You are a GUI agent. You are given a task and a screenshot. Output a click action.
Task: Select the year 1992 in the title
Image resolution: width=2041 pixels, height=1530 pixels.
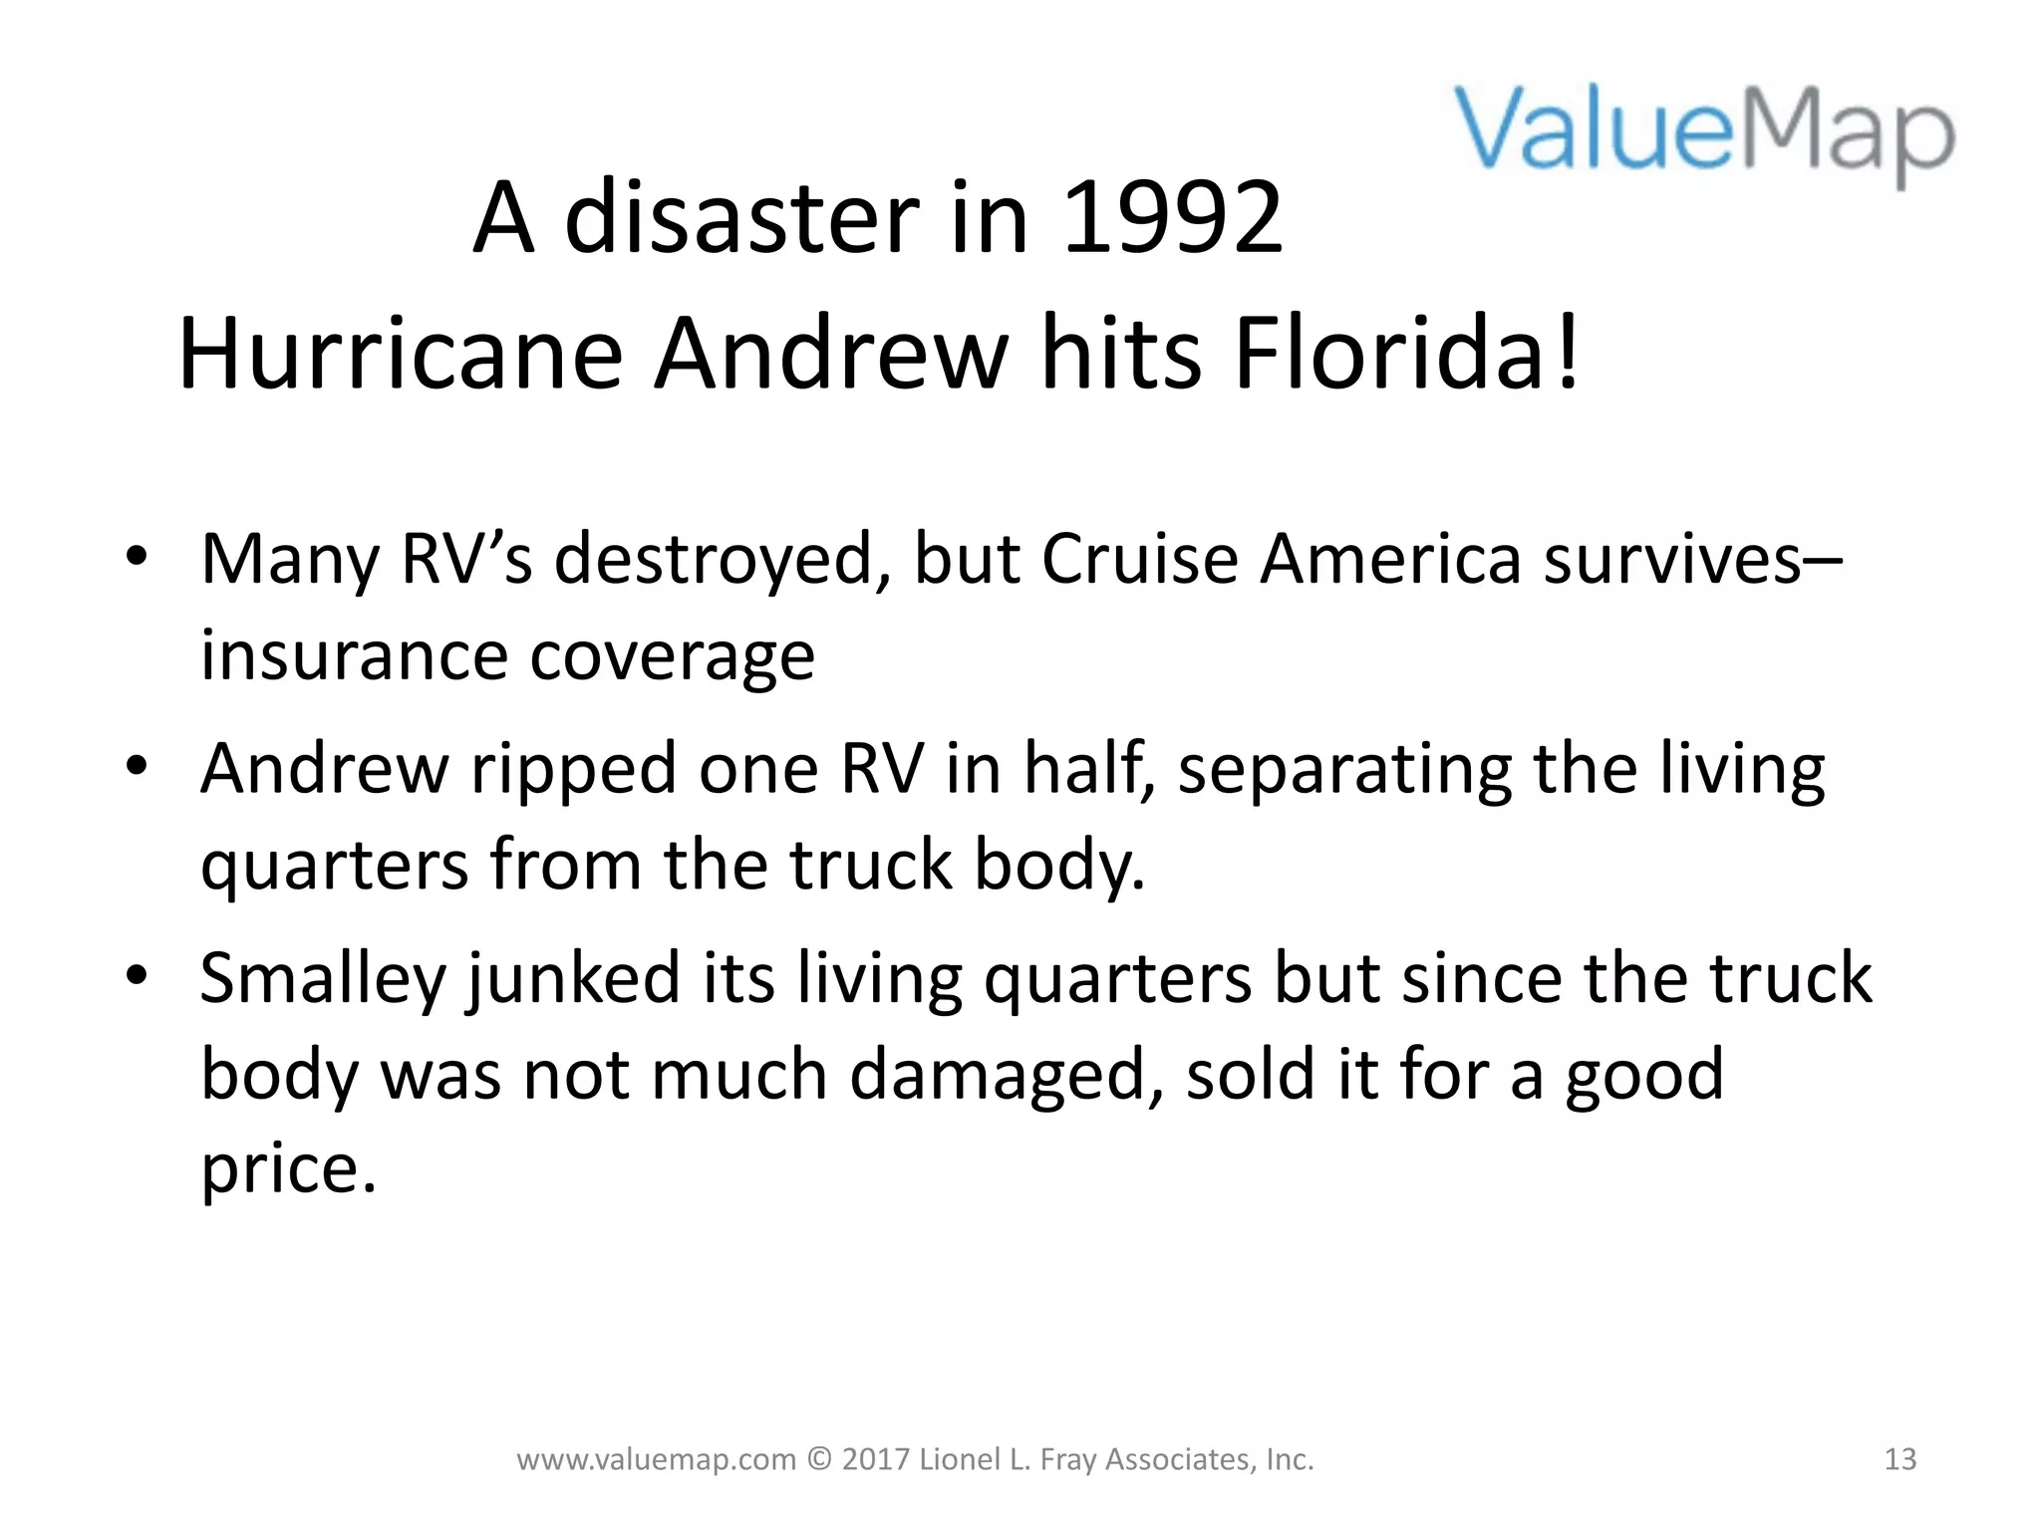click(x=1173, y=218)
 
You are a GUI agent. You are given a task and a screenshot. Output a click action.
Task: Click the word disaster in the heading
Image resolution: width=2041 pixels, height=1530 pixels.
click(x=741, y=218)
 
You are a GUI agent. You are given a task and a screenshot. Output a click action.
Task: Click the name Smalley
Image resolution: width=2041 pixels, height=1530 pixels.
click(x=322, y=979)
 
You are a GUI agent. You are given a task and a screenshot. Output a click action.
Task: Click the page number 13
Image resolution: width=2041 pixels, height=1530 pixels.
click(x=1899, y=1459)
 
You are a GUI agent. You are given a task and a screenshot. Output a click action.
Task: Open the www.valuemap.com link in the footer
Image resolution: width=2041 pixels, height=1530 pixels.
click(x=656, y=1460)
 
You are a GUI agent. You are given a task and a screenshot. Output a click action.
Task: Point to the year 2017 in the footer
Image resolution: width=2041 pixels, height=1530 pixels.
click(x=874, y=1459)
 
